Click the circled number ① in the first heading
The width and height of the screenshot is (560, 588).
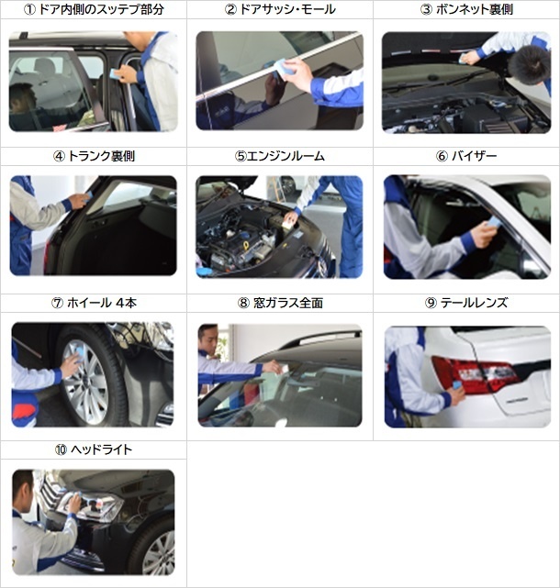(x=29, y=9)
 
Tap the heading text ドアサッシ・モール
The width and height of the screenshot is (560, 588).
(x=287, y=9)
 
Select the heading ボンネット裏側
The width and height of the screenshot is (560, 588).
(x=475, y=9)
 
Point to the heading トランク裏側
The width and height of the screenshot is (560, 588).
(x=101, y=156)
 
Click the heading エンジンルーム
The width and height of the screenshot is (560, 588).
(x=286, y=156)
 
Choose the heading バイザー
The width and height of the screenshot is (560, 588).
(x=474, y=156)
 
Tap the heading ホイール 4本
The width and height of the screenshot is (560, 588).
(x=102, y=303)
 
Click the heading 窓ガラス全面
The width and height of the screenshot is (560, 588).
(x=288, y=303)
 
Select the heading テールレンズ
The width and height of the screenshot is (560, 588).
(x=474, y=303)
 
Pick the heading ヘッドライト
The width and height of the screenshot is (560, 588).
(x=101, y=449)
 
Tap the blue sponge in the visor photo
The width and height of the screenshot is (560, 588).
(x=494, y=223)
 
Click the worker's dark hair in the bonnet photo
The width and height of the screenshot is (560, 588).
(x=530, y=64)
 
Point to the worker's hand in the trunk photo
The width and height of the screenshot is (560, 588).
(x=80, y=201)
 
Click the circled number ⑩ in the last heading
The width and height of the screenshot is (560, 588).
(x=61, y=449)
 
